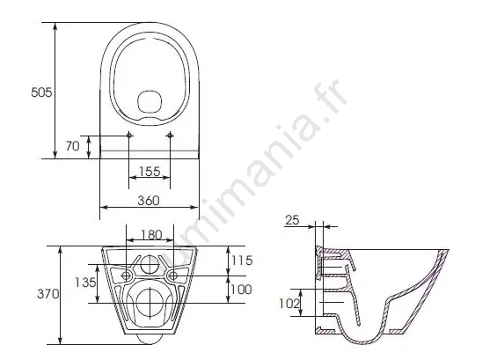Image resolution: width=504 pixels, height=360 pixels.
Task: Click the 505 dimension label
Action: click(x=41, y=92)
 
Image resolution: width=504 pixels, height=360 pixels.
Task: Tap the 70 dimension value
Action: click(x=72, y=146)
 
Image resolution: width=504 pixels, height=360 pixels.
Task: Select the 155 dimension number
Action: click(x=150, y=172)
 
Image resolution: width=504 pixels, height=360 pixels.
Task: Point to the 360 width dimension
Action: click(x=149, y=201)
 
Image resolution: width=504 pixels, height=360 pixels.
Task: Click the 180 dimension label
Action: click(x=151, y=235)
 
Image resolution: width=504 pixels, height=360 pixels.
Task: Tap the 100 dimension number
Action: click(x=241, y=290)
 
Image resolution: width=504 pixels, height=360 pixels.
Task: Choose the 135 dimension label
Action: click(x=85, y=283)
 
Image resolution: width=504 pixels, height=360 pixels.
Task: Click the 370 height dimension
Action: click(x=48, y=294)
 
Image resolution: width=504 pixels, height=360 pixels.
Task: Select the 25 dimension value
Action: click(x=292, y=220)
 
